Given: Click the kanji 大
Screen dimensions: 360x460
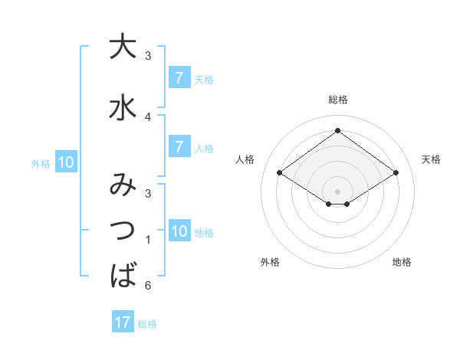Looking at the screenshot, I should [x=122, y=47].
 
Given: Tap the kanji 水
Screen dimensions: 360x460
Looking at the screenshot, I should [x=122, y=108].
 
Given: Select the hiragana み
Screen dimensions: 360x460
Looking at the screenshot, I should [x=122, y=185].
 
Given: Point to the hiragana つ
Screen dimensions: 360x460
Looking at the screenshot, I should [x=122, y=230].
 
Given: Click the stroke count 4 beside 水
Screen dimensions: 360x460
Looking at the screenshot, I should [x=148, y=116].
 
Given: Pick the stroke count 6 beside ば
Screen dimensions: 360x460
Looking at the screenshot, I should [x=148, y=286].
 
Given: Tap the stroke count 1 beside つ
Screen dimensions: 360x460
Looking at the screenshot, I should [x=148, y=240].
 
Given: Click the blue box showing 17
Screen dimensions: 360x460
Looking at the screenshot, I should [x=122, y=322].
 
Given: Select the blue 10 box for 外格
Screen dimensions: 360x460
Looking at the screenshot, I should [x=65, y=162].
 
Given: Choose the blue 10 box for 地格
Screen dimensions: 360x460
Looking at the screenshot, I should [x=179, y=232].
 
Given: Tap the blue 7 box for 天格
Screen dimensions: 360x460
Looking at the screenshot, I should [x=179, y=78].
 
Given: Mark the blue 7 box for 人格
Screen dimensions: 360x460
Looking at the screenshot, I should [x=179, y=147].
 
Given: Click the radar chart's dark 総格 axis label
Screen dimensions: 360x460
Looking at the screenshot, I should [x=338, y=100].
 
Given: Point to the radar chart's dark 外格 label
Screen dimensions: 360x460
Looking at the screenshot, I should [x=270, y=262].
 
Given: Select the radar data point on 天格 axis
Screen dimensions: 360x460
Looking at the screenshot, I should [x=396, y=173].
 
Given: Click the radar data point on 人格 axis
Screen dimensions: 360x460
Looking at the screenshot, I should [x=280, y=173].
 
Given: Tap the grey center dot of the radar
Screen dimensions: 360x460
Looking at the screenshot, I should [x=338, y=191].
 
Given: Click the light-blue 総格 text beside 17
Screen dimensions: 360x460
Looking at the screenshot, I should [x=148, y=324].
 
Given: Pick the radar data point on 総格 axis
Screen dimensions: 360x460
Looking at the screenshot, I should [x=338, y=131].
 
